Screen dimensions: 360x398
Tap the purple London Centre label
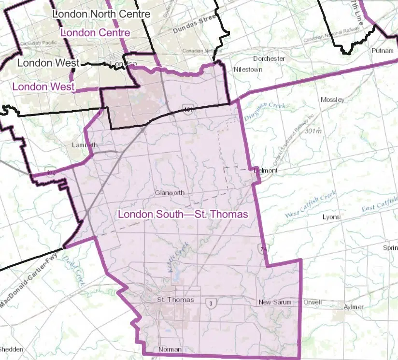coord(96,32)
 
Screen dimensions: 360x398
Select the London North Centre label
coord(101,14)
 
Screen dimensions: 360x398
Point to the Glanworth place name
coord(170,192)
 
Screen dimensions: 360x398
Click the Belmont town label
coord(266,171)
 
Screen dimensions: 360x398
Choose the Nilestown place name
coord(248,70)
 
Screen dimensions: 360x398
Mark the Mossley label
coord(332,100)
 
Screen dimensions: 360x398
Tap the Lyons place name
coord(331,217)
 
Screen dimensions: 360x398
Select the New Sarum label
coord(275,302)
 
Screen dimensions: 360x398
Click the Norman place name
coord(170,349)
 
